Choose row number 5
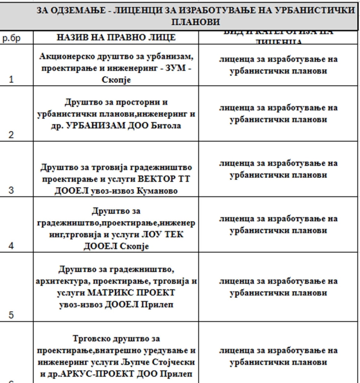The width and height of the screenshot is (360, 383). point(11,314)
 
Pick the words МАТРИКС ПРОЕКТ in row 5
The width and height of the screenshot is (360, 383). point(132,293)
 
